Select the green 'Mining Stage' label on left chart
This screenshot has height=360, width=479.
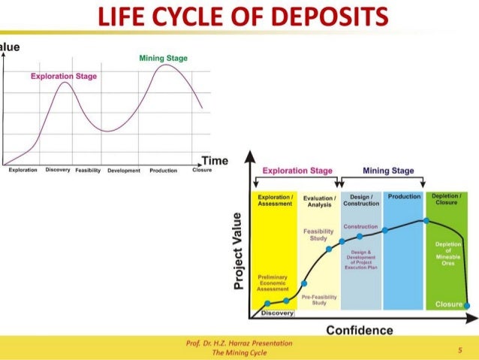(x=163, y=59)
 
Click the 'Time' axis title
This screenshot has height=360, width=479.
(x=214, y=161)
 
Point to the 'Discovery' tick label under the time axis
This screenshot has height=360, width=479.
(x=58, y=171)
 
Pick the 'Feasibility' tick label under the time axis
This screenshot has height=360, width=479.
(x=89, y=171)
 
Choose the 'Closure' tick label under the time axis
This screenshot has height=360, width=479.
(x=202, y=171)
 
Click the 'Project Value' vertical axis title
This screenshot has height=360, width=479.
(x=239, y=251)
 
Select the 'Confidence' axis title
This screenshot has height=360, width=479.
(x=359, y=330)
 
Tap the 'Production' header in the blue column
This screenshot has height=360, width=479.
(x=404, y=196)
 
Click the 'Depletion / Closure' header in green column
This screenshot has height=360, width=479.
(x=446, y=199)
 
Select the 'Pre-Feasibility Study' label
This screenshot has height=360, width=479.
(x=318, y=300)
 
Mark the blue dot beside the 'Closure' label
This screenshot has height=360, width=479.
(x=467, y=304)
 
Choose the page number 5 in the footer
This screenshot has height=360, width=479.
(x=459, y=349)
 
